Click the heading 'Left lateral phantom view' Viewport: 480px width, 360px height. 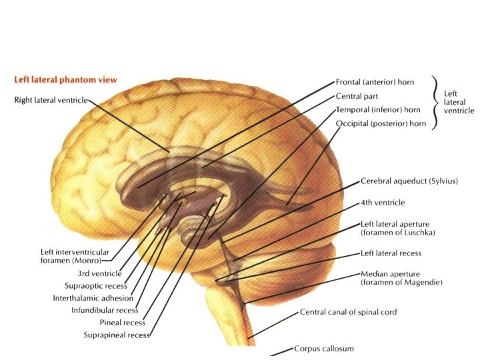[x=65, y=79]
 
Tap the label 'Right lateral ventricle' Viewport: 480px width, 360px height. [x=51, y=101]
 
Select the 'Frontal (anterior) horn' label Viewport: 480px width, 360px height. [x=375, y=82]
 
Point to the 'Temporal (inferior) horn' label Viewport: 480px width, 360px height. [x=378, y=109]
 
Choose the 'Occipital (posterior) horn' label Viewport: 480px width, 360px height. [x=381, y=123]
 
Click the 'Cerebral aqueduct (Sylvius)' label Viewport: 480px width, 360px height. [x=409, y=181]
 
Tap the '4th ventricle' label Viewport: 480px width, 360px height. [x=382, y=202]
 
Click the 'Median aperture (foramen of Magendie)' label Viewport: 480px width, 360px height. [x=401, y=277]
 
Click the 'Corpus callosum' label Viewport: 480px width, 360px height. [x=324, y=349]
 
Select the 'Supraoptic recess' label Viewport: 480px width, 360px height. [x=91, y=285]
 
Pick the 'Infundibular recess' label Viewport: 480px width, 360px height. [x=105, y=310]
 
